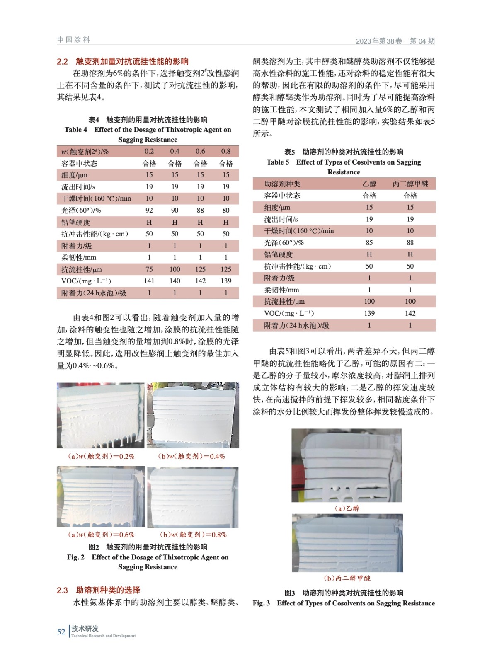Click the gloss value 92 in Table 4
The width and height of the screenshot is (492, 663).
click(149, 210)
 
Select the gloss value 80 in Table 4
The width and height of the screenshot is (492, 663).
click(226, 210)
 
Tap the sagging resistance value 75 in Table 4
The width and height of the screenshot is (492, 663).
click(149, 269)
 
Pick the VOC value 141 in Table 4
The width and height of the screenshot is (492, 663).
click(149, 281)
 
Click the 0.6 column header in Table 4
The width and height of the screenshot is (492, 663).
click(200, 151)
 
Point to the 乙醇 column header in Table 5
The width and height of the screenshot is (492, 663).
click(369, 184)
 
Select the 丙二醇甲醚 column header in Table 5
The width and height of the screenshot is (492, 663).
click(410, 184)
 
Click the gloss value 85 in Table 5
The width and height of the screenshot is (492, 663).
click(369, 242)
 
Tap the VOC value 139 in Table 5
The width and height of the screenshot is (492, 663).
click(369, 313)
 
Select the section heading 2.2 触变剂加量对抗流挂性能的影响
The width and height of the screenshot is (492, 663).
click(123, 61)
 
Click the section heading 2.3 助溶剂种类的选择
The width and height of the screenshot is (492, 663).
click(99, 590)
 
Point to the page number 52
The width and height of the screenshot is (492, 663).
click(61, 632)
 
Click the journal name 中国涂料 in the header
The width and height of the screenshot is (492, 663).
click(74, 40)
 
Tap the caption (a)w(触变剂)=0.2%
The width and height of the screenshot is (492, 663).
click(101, 456)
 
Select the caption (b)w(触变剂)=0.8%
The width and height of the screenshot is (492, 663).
click(193, 535)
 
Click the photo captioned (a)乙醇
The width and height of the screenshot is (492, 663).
click(347, 465)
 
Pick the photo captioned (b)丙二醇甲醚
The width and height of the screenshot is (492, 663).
click(347, 543)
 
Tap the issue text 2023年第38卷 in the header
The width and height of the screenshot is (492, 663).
click(379, 41)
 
